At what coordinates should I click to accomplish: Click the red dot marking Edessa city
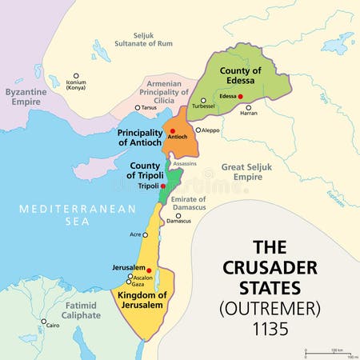coord(240,97)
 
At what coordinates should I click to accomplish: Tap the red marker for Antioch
coord(172,131)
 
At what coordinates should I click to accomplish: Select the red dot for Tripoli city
coord(163,186)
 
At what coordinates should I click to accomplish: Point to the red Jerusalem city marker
coord(149,270)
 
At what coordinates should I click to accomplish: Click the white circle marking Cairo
coord(43,321)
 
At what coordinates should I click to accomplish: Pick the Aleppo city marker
coord(198,130)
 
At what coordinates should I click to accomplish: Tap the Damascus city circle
coord(177,214)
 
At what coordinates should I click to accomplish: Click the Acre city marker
coord(146,234)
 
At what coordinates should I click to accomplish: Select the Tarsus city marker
coord(138,107)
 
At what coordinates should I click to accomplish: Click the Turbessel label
coord(203,106)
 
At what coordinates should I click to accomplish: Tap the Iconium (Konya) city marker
coord(77,75)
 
